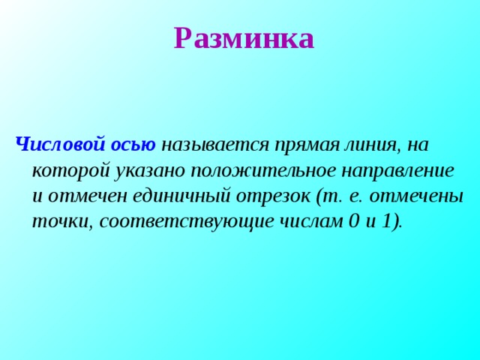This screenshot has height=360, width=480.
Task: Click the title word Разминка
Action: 243,38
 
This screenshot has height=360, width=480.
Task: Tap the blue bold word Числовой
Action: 60,144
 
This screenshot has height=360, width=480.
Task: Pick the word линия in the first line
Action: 361,144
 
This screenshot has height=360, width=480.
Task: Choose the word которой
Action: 70,170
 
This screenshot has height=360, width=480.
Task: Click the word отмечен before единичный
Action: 87,196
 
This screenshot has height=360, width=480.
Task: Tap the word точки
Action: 60,223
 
